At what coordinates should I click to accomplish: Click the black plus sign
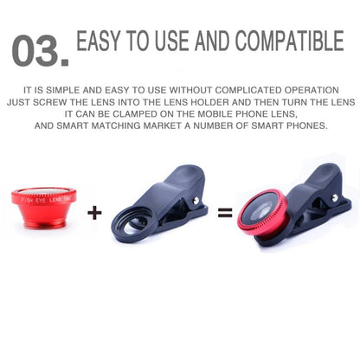click(x=94, y=212)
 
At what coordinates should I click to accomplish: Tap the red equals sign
click(x=225, y=212)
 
